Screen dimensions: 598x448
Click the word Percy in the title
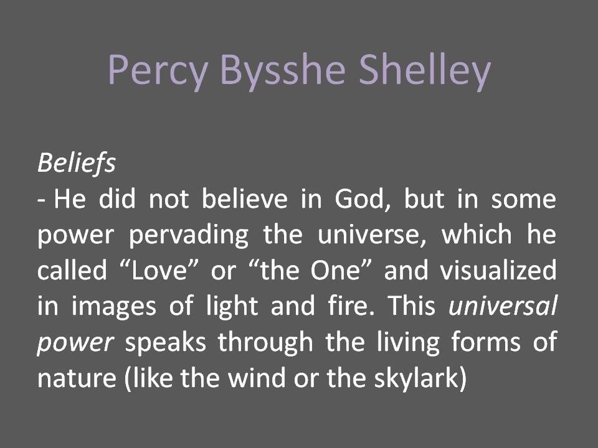(x=158, y=70)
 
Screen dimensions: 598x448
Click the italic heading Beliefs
(x=76, y=164)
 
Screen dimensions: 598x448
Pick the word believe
(x=244, y=198)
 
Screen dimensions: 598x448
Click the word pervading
(x=188, y=235)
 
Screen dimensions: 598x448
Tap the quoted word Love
(x=159, y=270)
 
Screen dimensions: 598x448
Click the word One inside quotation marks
(x=336, y=270)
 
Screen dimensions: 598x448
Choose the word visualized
(x=498, y=270)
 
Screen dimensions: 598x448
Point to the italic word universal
(x=503, y=306)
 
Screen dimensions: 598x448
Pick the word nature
(x=77, y=378)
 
